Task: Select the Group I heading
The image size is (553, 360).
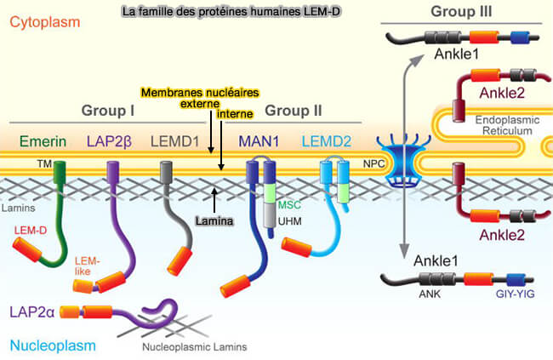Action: point(108,110)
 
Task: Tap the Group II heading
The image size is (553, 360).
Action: point(292,110)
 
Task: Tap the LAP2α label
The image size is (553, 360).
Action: point(33,312)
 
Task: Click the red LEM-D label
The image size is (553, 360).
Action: point(29,230)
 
